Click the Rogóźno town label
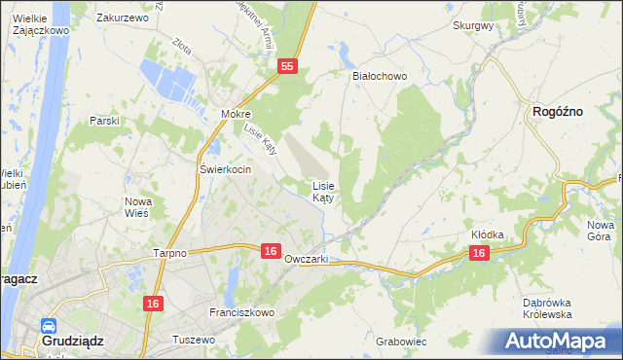pyautogui.click(x=558, y=112)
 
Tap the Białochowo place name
pyautogui.click(x=379, y=76)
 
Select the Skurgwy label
pyautogui.click(x=473, y=26)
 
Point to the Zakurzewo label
pyautogui.click(x=122, y=18)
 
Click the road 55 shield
pyautogui.click(x=286, y=66)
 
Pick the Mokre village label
pyautogui.click(x=236, y=114)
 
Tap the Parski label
pyautogui.click(x=104, y=121)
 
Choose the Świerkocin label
pyautogui.click(x=226, y=169)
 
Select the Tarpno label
pyautogui.click(x=169, y=252)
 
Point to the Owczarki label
pyautogui.click(x=307, y=260)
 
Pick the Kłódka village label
pyautogui.click(x=487, y=235)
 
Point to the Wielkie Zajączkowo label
pyautogui.click(x=39, y=24)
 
